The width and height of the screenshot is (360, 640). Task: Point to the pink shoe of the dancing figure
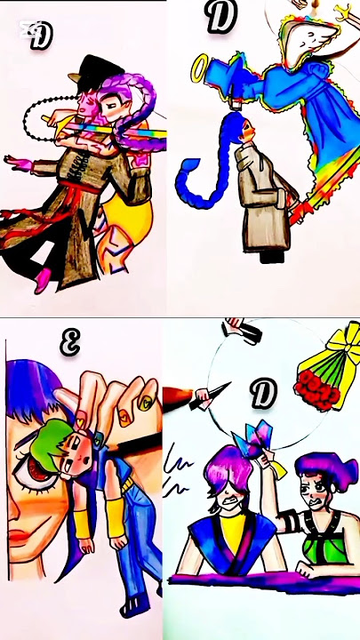coord(41,283)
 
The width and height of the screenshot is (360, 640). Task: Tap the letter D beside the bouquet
coord(263,394)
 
